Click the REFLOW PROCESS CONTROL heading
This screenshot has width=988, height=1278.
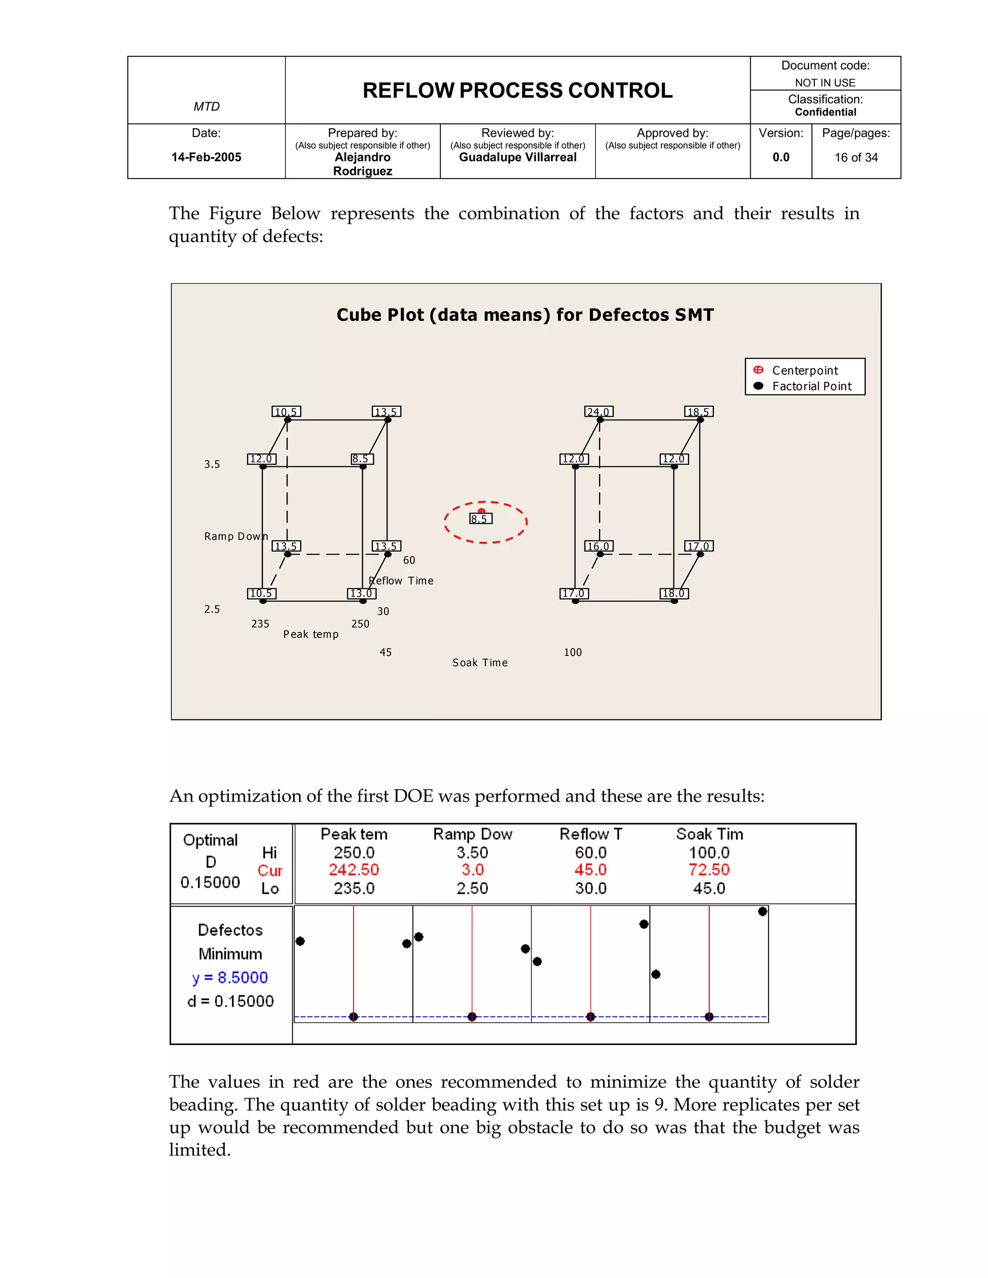(518, 91)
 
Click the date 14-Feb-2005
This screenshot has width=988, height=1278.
(206, 157)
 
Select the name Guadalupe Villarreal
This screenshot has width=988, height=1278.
(518, 157)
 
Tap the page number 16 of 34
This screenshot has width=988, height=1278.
(856, 157)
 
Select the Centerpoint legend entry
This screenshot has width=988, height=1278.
(804, 370)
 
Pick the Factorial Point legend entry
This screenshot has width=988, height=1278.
(811, 386)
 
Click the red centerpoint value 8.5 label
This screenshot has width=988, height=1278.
(480, 519)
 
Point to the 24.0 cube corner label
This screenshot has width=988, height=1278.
(599, 412)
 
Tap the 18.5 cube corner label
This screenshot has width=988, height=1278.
(699, 412)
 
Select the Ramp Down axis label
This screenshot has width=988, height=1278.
(236, 536)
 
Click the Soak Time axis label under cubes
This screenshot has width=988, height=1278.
(480, 663)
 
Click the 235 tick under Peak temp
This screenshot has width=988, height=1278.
(260, 624)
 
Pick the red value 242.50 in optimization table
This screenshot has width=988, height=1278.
(354, 870)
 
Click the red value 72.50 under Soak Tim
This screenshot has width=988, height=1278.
(709, 870)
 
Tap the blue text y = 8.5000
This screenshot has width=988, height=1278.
(230, 977)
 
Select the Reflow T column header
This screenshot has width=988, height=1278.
(590, 834)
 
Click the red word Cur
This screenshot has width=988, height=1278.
(270, 870)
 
